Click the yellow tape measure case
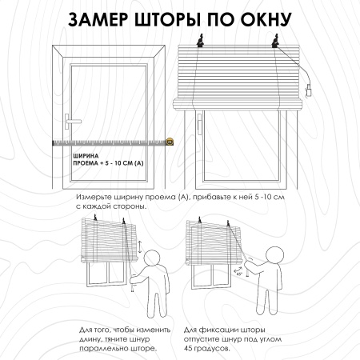(x=170, y=142)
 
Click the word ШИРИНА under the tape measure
(x=86, y=156)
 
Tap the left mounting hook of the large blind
(x=200, y=41)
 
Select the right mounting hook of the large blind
(x=276, y=41)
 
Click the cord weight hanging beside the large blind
(x=309, y=90)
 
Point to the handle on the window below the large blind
(x=199, y=124)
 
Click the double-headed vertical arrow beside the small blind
(x=140, y=246)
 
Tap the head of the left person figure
(x=152, y=258)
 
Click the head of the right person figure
(x=274, y=255)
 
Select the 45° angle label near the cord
(x=239, y=274)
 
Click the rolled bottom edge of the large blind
(x=238, y=104)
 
